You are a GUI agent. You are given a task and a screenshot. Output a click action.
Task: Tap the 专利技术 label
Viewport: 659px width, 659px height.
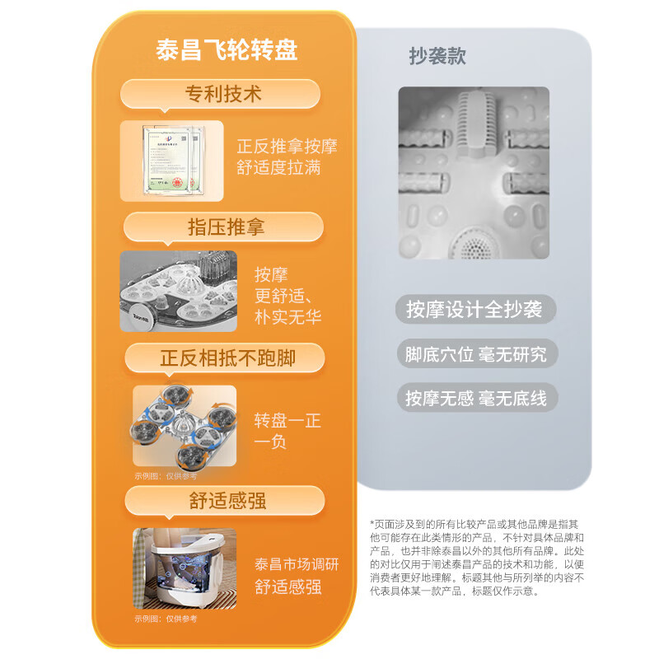point(222,94)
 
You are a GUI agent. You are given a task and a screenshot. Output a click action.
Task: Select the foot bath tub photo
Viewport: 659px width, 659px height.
point(185,569)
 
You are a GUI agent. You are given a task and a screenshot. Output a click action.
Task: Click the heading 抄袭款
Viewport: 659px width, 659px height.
point(437,56)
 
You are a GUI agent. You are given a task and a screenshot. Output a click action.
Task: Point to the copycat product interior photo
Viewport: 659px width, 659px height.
point(473,174)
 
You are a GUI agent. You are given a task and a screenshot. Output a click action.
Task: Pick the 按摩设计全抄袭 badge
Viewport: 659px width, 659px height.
point(474,310)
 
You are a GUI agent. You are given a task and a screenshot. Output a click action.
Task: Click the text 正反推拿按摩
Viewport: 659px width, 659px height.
point(287,147)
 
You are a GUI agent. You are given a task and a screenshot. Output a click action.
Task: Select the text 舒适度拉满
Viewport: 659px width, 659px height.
point(278,168)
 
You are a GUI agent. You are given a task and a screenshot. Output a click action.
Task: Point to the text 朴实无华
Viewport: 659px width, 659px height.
point(287,316)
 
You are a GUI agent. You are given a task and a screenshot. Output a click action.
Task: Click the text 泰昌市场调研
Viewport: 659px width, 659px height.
point(297,565)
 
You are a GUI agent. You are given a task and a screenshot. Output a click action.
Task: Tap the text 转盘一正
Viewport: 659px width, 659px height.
point(287,421)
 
